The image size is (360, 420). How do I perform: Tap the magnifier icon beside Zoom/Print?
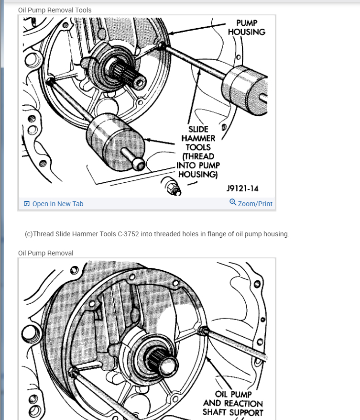pyautogui.click(x=233, y=202)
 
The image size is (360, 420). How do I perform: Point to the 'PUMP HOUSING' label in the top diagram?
pyautogui.click(x=247, y=27)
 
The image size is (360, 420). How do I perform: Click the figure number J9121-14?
pyautogui.click(x=242, y=188)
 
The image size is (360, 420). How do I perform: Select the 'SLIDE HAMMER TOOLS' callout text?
pyautogui.click(x=198, y=138)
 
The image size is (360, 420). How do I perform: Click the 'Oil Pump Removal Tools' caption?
pyautogui.click(x=55, y=10)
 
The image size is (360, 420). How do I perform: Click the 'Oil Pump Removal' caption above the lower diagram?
pyautogui.click(x=46, y=253)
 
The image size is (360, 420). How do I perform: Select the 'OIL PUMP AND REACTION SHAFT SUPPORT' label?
pyautogui.click(x=233, y=403)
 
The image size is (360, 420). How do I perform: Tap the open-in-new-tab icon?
pyautogui.click(x=27, y=204)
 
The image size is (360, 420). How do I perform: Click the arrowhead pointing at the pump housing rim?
pyautogui.click(x=171, y=33)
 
